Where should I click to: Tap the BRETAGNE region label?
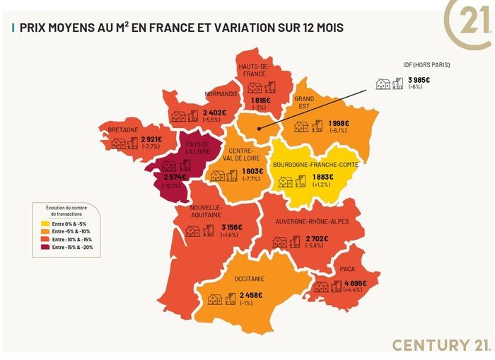click(123, 129)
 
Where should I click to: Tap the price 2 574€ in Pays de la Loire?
click(172, 177)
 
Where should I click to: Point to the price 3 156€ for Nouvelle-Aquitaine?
click(231, 227)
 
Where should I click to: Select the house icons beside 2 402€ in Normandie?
click(186, 116)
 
